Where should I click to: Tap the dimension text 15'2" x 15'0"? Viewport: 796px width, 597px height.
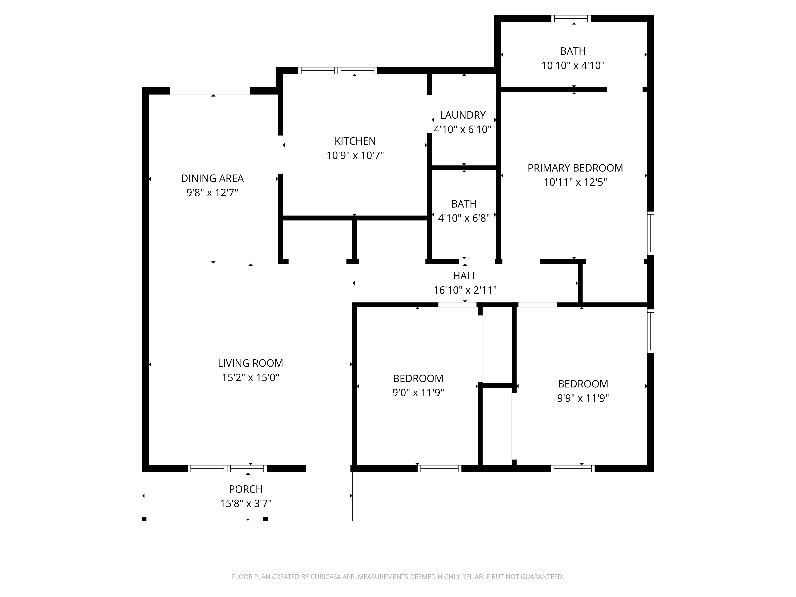coord(251,378)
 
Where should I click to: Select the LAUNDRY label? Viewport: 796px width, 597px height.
coord(463,115)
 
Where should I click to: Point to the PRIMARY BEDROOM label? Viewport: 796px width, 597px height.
coord(575,168)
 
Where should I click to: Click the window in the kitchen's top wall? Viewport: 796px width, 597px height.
coord(338,70)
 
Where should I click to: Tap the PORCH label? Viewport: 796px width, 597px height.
coord(246,489)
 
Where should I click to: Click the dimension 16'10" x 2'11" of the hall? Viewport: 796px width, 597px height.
coord(465,290)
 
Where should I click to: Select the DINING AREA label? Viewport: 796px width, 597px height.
coord(212,179)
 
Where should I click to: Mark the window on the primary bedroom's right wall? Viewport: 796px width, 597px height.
coord(650,233)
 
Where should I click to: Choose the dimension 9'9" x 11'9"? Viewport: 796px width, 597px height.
coord(583,398)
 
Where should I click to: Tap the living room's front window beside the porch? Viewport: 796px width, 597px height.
coord(227,468)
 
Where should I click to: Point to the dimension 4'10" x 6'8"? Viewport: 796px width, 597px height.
coord(464,218)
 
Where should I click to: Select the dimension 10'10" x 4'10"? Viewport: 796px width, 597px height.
coord(573,65)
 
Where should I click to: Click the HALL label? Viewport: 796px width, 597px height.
coord(465,276)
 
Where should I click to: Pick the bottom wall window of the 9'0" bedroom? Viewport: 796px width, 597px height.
coord(439,468)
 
